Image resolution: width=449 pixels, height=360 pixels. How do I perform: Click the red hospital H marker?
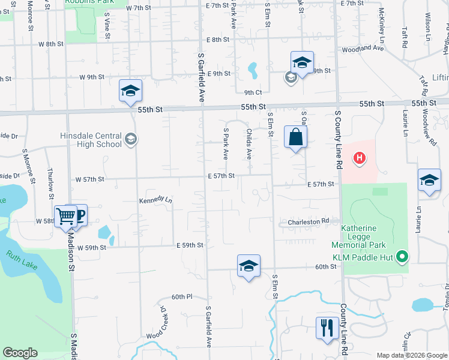pos(359,158)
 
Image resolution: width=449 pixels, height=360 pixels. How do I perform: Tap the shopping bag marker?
pos(296,137)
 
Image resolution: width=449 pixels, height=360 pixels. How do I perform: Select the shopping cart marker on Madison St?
pos(65,215)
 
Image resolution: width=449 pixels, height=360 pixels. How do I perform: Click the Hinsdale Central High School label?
pos(91,140)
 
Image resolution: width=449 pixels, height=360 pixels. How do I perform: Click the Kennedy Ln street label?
pos(155,200)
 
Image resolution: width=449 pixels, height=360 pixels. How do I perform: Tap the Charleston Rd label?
pos(309,221)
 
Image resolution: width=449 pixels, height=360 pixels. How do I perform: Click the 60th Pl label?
pos(181,296)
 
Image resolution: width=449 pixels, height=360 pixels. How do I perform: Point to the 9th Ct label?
pos(253,92)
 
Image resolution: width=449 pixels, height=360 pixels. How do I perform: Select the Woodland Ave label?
pos(361,48)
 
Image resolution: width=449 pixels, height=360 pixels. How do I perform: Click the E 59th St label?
pos(190,245)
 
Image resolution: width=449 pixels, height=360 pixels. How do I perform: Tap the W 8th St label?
pos(50,44)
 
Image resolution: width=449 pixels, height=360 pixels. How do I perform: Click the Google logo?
pos(20,353)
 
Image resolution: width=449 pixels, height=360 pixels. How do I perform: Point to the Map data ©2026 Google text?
pos(411,355)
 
